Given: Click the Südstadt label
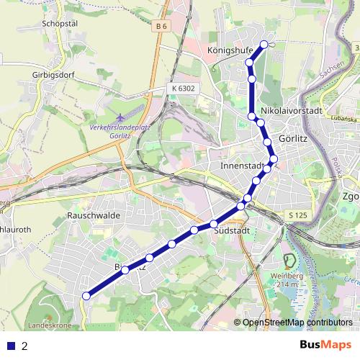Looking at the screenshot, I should (x=232, y=230).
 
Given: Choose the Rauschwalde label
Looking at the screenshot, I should (x=93, y=215).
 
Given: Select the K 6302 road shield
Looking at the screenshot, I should (x=183, y=88).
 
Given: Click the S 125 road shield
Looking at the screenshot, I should (x=297, y=215).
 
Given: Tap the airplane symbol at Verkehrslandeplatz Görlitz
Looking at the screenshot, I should (x=120, y=116).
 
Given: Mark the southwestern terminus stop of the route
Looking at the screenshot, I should (x=86, y=295).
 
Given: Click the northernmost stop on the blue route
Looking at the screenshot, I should (x=264, y=45).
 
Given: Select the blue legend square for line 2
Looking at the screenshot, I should (x=11, y=346).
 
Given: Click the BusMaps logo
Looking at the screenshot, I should (x=325, y=345).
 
